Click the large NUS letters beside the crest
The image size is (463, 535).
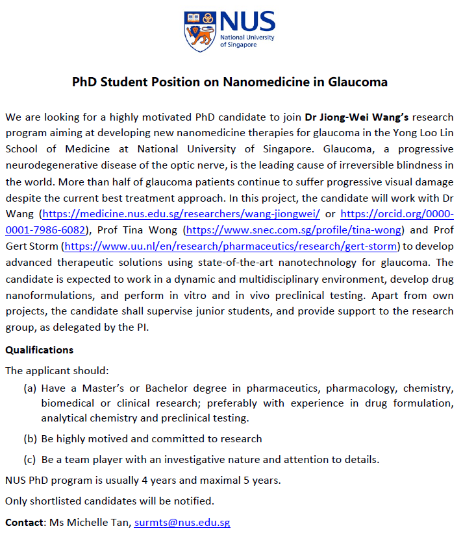[x=247, y=22]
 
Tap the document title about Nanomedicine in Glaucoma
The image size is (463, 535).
[x=230, y=82]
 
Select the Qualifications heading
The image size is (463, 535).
[x=39, y=350]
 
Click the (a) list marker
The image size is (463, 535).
[x=30, y=388]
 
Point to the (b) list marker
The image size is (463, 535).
[x=30, y=438]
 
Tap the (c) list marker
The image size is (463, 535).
[x=30, y=460]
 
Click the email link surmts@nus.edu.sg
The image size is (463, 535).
[x=182, y=522]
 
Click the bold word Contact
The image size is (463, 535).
[x=25, y=522]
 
